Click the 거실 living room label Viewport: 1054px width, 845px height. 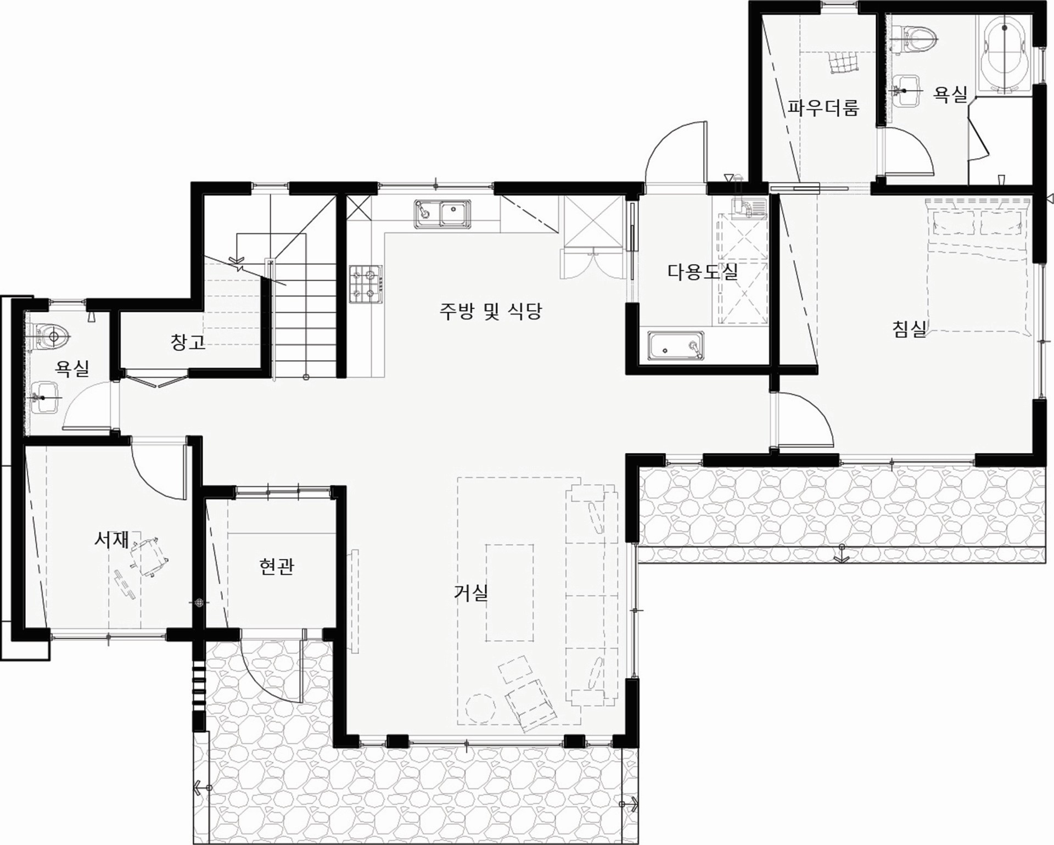[471, 592]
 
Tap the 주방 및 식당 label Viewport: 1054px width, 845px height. [490, 311]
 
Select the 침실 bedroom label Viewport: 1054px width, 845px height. [909, 329]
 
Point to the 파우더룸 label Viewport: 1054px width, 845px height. [823, 107]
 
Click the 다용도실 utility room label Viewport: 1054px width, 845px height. [703, 271]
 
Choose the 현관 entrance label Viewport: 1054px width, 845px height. [277, 566]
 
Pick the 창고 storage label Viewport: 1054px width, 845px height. [188, 342]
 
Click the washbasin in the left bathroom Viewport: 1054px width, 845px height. [45, 396]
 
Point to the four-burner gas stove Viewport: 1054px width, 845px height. [366, 284]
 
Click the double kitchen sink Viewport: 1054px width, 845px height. [442, 213]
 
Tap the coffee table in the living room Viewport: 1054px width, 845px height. [509, 592]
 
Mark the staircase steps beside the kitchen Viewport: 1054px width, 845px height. [305, 318]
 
